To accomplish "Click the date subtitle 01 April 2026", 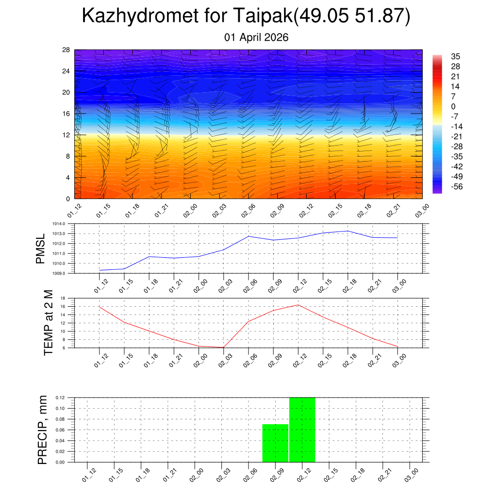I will tap(256, 37).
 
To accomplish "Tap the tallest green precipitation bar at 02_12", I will tap(302, 430).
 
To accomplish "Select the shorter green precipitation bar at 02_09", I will tap(275, 443).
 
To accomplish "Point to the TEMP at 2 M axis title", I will tap(48, 322).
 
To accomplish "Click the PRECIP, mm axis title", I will tap(43, 430).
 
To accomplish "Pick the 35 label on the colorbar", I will tap(455, 56).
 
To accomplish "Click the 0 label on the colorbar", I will tap(453, 106).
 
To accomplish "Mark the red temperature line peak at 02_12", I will tap(298, 305).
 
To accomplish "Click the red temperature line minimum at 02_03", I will tap(223, 347).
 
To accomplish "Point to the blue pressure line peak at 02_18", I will tap(348, 231).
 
